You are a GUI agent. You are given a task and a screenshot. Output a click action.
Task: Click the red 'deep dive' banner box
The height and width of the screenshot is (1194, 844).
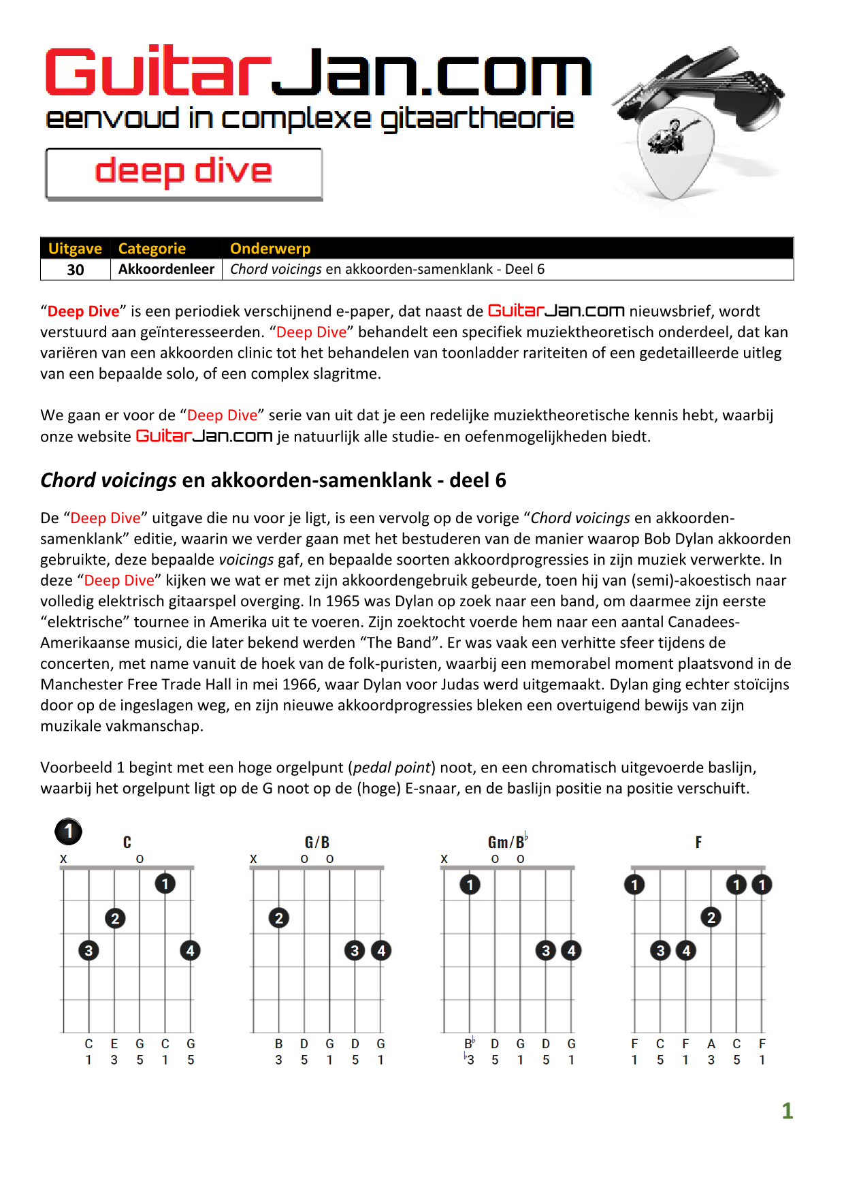(184, 173)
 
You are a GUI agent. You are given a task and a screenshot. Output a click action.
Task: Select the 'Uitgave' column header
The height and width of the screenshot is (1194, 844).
(75, 249)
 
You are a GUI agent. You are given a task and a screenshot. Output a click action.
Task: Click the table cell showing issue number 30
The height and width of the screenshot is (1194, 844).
(76, 270)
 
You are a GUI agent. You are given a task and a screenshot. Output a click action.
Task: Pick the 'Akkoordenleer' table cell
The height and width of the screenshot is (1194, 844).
(166, 269)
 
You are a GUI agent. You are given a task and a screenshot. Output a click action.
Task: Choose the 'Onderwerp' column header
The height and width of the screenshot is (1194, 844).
(270, 249)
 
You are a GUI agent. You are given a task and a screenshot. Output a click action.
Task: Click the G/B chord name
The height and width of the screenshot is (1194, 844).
(317, 843)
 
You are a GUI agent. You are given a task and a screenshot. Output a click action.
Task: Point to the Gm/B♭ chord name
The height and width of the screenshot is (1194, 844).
(507, 843)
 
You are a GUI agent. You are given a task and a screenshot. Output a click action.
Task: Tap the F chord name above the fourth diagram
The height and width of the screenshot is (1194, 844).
(698, 843)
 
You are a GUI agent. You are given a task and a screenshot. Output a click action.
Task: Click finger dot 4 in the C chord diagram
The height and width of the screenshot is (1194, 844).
(190, 950)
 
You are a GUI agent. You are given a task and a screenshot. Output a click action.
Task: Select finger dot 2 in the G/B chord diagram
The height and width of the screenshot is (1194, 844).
(278, 918)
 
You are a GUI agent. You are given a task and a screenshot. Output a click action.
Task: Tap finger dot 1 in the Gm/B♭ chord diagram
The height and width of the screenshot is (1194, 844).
(470, 885)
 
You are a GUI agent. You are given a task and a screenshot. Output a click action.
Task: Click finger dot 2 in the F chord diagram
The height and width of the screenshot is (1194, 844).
(711, 917)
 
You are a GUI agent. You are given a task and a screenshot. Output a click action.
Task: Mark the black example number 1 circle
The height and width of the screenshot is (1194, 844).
(68, 832)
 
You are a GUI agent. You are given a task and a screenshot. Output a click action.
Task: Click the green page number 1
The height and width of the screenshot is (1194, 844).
(788, 1111)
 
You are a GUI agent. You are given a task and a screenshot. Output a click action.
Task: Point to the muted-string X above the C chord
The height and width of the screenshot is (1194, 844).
(63, 860)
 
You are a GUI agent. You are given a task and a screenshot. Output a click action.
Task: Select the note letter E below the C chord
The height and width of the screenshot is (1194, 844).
(114, 1043)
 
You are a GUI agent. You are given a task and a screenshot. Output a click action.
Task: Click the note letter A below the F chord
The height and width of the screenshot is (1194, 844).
(711, 1043)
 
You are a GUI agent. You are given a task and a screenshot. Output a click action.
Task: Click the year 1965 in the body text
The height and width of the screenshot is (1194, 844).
(344, 601)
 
